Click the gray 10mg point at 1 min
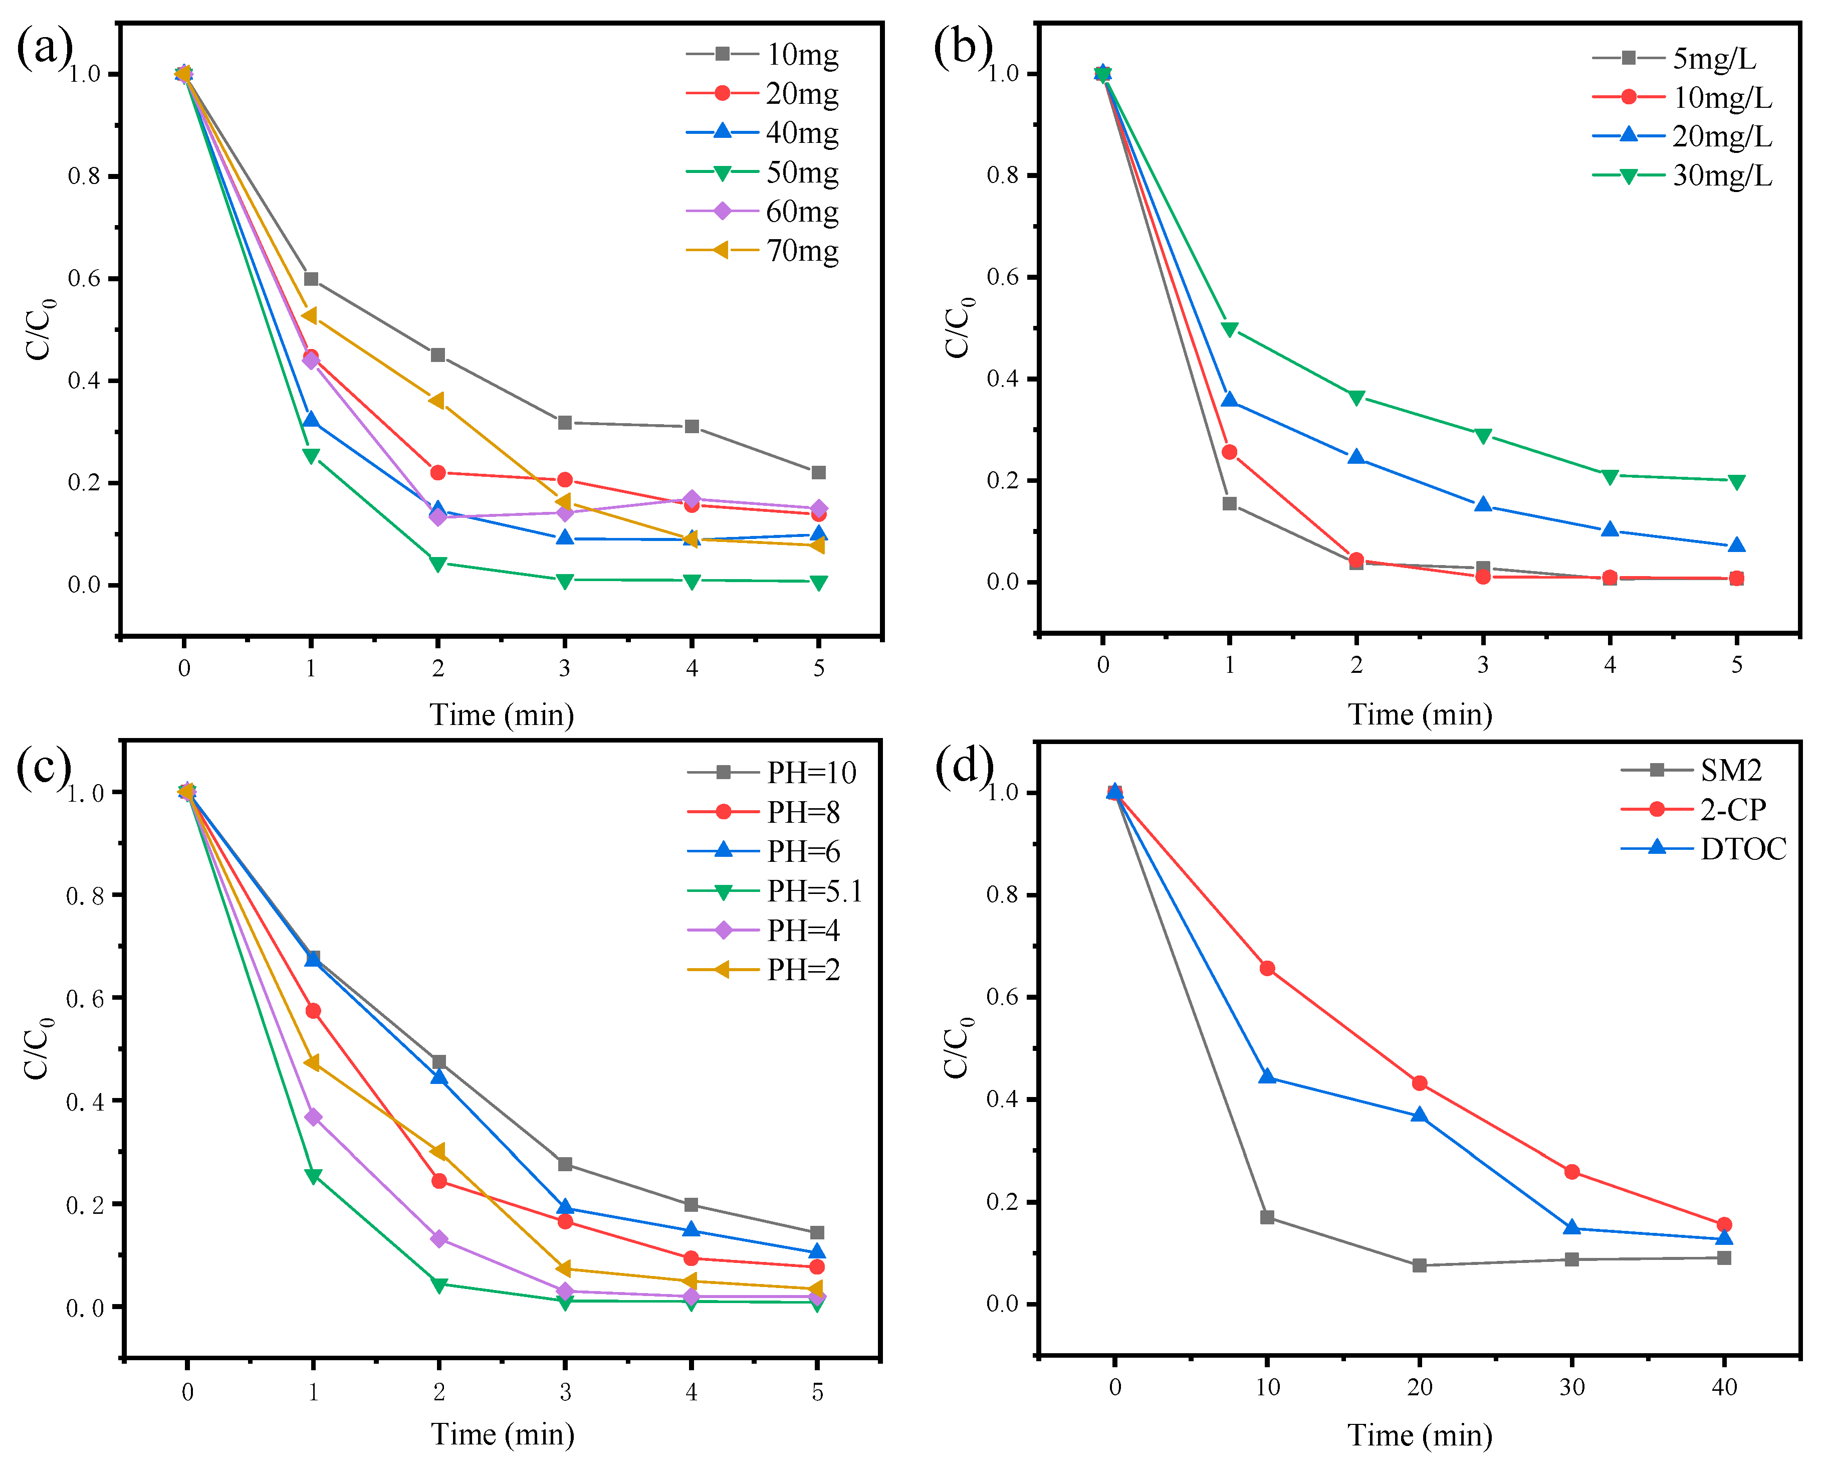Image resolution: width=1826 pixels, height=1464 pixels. (x=311, y=279)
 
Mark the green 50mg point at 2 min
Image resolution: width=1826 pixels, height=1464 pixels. (x=438, y=564)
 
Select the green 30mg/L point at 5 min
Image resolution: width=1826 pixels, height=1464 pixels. (x=1736, y=482)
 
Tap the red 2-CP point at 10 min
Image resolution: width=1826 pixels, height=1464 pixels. (x=1267, y=968)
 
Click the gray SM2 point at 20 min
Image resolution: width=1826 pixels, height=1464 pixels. (x=1420, y=1265)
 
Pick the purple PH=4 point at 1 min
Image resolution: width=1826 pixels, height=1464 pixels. (x=313, y=1117)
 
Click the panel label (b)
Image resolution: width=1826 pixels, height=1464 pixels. (x=963, y=47)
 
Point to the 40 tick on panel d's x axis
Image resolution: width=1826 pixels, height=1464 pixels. (x=1723, y=1387)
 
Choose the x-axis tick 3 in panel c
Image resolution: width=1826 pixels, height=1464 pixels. (x=565, y=1391)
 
